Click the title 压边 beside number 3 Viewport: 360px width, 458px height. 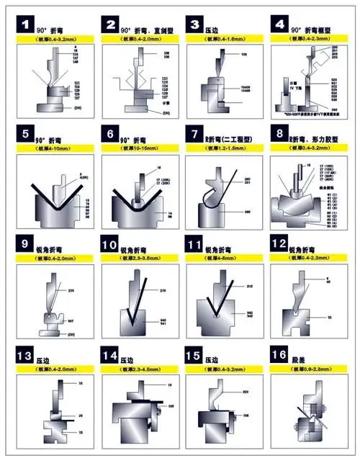(213, 25)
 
